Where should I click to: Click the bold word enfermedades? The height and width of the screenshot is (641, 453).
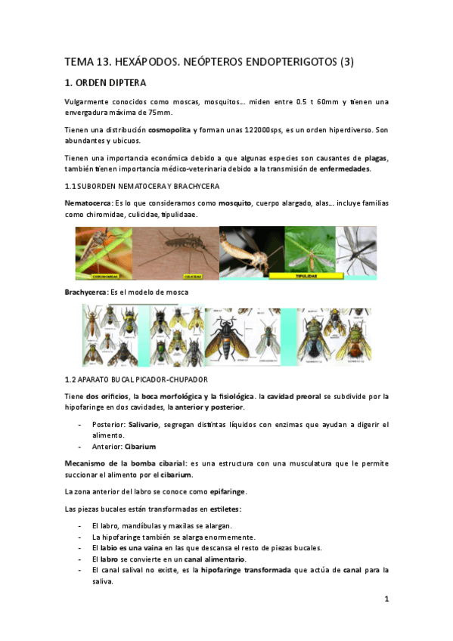(345, 169)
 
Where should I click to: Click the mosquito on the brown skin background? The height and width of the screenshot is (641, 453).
(179, 252)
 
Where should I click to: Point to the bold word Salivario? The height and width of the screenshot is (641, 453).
(143, 425)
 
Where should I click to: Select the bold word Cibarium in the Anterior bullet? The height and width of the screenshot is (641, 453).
(142, 447)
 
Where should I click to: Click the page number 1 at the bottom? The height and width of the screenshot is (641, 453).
(386, 599)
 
